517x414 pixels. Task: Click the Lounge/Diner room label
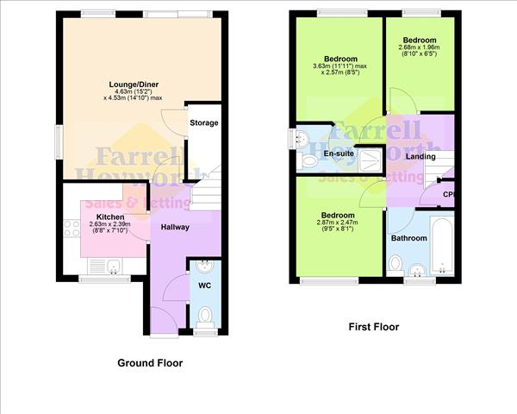click(x=134, y=85)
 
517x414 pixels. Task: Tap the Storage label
click(x=204, y=122)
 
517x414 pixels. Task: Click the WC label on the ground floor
click(x=205, y=284)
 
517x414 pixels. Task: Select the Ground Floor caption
click(x=150, y=363)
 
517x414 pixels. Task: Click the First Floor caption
click(x=373, y=327)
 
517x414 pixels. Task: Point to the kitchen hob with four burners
click(x=70, y=229)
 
